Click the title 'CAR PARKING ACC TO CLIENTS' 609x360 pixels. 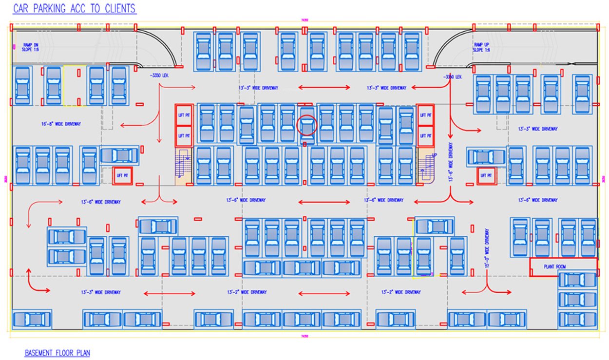pyautogui.click(x=74, y=9)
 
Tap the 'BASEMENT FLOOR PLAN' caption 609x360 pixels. pyautogui.click(x=57, y=353)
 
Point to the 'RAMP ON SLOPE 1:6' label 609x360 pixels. pyautogui.click(x=31, y=47)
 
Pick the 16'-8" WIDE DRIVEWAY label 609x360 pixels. pyautogui.click(x=61, y=124)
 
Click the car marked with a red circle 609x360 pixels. pyautogui.click(x=307, y=126)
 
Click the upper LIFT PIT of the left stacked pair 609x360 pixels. pyautogui.click(x=184, y=115)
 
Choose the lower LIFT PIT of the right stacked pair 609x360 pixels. pyautogui.click(x=425, y=136)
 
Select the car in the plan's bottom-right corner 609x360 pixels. pyautogui.click(x=577, y=320)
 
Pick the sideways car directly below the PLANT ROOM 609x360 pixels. pyautogui.click(x=577, y=280)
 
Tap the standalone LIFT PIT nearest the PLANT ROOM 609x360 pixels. pyautogui.click(x=486, y=175)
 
